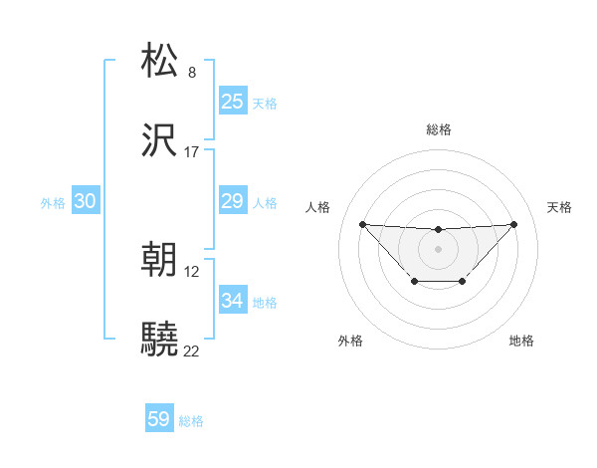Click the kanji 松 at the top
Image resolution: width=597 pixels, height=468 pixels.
point(160,61)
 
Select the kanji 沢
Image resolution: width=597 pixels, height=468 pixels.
point(160,140)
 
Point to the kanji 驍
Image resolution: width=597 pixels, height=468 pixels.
point(160,340)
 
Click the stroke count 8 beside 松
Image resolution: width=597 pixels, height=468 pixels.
point(192,72)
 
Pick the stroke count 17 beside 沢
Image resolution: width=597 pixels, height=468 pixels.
point(192,152)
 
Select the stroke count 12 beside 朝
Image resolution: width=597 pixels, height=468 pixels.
point(192,271)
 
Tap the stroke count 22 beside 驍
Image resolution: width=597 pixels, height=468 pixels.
point(192,351)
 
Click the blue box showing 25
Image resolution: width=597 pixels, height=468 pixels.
point(232,101)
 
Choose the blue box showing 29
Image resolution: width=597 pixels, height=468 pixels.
point(232,201)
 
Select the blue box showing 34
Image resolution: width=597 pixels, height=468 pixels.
point(232,301)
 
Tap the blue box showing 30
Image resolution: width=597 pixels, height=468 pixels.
point(86,201)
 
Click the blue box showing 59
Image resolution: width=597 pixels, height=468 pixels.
point(159,419)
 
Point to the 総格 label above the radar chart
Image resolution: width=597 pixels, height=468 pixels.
point(438,129)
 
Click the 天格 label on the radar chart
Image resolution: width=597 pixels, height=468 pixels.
point(559,207)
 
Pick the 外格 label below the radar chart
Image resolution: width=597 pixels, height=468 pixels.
point(350,341)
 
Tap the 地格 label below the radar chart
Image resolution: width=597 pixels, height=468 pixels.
point(521,341)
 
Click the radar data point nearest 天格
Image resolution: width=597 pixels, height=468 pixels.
point(513,224)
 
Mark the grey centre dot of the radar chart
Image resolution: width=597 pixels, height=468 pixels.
point(438,248)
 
